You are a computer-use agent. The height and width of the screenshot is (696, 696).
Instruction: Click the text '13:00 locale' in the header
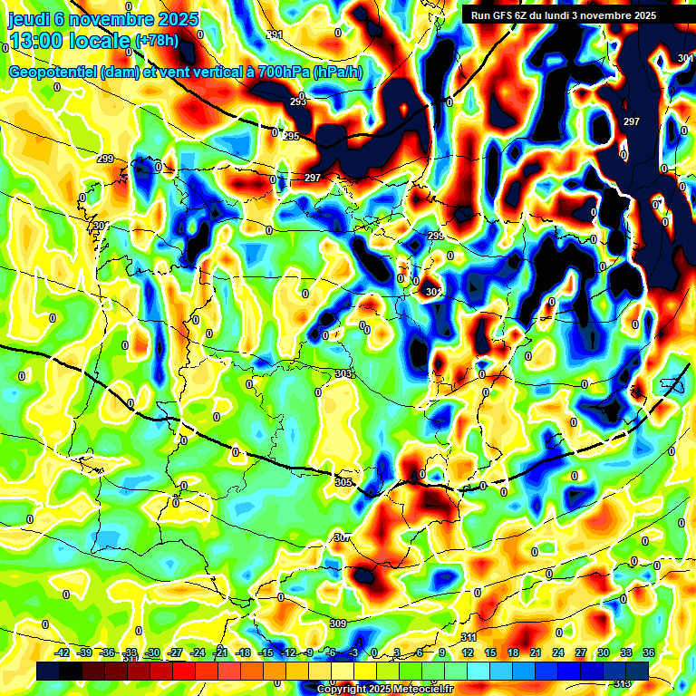point(69,41)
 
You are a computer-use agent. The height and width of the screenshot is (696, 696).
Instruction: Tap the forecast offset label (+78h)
point(156,41)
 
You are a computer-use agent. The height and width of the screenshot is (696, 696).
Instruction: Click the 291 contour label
point(275,34)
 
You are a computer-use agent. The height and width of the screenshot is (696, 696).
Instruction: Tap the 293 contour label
point(298,101)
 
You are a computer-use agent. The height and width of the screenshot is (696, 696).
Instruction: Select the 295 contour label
point(291,136)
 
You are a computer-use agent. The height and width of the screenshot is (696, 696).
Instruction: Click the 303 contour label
point(342,373)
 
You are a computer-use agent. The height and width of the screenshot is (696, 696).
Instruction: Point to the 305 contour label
point(343,482)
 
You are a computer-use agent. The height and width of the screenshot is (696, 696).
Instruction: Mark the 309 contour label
point(337,623)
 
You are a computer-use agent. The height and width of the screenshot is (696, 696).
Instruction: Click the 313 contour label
point(622,683)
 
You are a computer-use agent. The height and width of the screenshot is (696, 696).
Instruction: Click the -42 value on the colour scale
point(62,652)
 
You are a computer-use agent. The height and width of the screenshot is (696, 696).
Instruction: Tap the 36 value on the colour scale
point(649,652)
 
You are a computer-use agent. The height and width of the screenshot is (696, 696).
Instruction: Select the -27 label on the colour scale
point(176,652)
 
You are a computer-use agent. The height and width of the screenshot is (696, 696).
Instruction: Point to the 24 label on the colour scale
point(558,652)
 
